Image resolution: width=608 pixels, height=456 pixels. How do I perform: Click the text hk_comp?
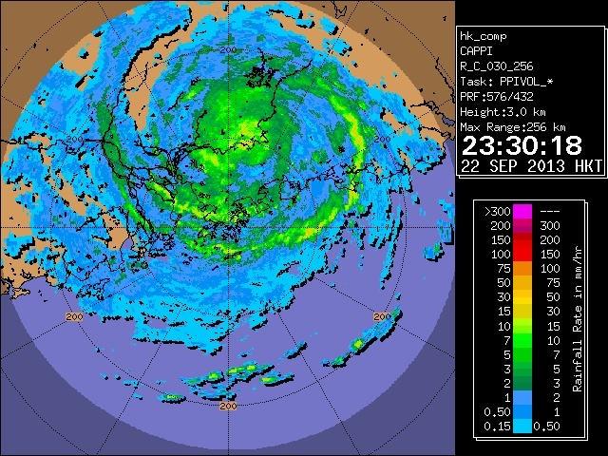pos(484,36)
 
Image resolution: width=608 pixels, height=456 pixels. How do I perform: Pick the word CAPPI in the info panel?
pos(478,51)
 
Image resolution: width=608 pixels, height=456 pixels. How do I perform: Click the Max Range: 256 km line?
pos(513,126)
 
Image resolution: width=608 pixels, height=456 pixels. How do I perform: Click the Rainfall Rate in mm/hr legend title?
pos(578,318)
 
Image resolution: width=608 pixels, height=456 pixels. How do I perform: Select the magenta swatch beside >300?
pos(522,210)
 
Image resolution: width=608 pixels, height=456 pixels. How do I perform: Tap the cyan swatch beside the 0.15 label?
pos(522,427)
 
